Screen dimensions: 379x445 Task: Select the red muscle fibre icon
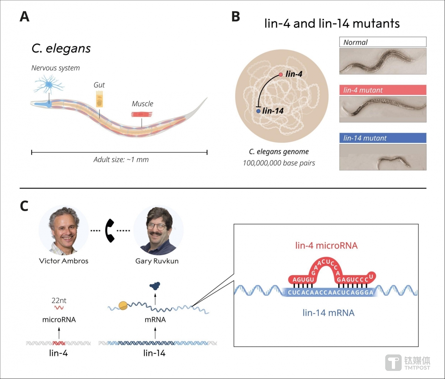pos(142,114)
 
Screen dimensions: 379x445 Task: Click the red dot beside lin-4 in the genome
pos(281,75)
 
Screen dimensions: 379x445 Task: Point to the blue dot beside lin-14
pos(258,111)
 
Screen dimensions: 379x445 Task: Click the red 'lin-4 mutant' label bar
pos(383,90)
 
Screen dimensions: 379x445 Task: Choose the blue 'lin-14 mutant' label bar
pos(383,138)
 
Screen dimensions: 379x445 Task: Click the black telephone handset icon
pos(110,231)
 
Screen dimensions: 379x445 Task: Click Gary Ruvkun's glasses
pos(157,226)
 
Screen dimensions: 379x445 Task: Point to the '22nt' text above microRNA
pos(59,300)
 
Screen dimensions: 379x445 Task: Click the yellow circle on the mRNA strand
pos(123,306)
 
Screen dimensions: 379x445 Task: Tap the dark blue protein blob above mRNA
pos(155,286)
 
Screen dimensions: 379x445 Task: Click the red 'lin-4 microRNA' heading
pos(326,245)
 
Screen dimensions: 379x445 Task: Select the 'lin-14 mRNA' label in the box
pos(328,313)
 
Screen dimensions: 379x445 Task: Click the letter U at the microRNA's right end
pos(371,276)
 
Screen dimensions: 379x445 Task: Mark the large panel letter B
pos(236,17)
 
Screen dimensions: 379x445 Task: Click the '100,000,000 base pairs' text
pos(279,163)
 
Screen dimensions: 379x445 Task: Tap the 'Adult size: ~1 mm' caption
pos(121,160)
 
